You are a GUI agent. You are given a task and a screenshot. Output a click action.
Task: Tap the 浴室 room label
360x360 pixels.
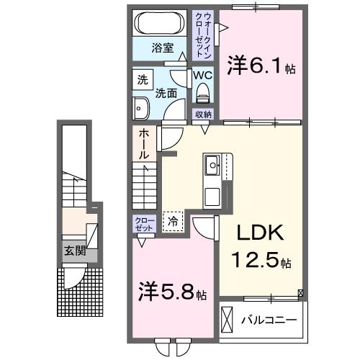coord(162,48)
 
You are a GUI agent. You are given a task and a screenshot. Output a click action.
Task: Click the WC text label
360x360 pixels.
coord(201,73)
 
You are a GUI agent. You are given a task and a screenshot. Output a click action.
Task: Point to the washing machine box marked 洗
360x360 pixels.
coord(143,78)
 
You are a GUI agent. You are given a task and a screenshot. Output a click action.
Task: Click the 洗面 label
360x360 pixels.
coord(167,92)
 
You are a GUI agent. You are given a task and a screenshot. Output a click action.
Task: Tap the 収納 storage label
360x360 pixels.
coord(203,114)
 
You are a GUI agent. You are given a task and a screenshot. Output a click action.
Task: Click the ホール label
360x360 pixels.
coord(144,145)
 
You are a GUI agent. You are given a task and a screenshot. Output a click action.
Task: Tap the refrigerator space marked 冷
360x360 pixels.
coord(172,222)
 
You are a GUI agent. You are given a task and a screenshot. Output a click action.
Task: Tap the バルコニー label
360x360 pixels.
coord(269,319)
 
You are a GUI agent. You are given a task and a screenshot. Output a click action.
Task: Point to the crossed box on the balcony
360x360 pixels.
coord(228,318)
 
